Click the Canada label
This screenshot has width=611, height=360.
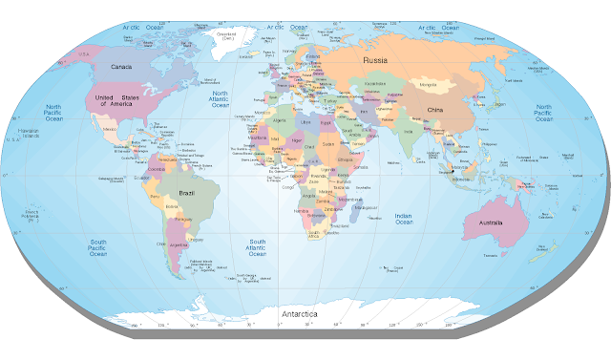pyautogui.click(x=122, y=67)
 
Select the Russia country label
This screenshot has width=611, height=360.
pyautogui.click(x=374, y=60)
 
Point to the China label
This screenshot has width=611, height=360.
pyautogui.click(x=434, y=110)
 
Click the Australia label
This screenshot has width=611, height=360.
pyautogui.click(x=484, y=224)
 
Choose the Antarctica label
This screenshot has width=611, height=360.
pyautogui.click(x=302, y=313)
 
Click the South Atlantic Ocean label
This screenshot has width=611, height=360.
pyautogui.click(x=258, y=248)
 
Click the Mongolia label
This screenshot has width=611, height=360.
pyautogui.click(x=429, y=85)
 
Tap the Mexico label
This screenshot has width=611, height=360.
pyautogui.click(x=108, y=126)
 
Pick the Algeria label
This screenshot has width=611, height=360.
pyautogui.click(x=280, y=122)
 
